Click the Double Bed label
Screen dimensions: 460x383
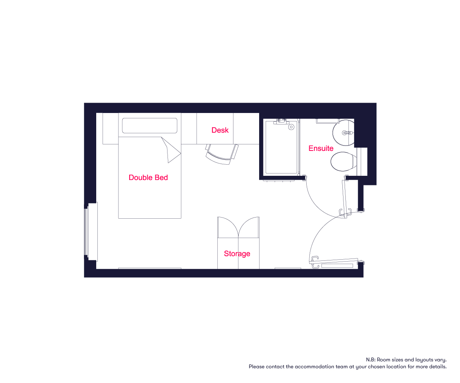(148, 177)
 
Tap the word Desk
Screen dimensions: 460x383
(220, 130)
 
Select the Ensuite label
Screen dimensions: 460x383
(321, 148)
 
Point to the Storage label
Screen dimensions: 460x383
(237, 254)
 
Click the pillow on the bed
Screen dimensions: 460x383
(149, 126)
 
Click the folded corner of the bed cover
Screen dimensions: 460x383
(171, 150)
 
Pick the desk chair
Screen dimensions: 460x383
(222, 154)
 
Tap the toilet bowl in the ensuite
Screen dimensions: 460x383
(343, 161)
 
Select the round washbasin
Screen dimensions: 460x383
(343, 133)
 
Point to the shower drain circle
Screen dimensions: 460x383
(291, 127)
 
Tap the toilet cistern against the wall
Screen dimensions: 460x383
(362, 162)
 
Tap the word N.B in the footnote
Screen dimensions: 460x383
(370, 360)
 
